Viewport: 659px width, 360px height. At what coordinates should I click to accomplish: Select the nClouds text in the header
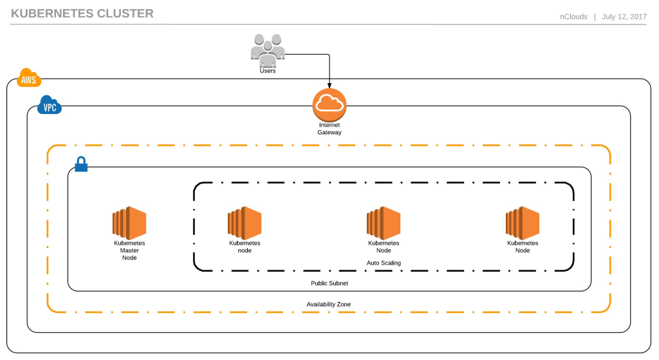click(573, 17)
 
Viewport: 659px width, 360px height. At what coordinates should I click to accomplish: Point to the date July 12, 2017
click(624, 17)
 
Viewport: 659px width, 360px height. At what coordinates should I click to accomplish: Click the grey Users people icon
click(267, 50)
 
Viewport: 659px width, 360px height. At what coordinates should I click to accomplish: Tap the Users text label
click(268, 71)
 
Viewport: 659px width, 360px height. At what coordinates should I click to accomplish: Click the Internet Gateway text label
click(329, 128)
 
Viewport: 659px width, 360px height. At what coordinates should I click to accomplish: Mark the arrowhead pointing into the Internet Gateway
click(329, 85)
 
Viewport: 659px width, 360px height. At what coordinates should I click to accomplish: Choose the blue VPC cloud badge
click(50, 106)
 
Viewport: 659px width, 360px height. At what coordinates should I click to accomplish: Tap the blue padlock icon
click(81, 166)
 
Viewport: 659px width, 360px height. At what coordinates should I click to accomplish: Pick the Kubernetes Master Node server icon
click(129, 222)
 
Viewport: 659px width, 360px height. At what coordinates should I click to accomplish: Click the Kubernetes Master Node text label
click(129, 250)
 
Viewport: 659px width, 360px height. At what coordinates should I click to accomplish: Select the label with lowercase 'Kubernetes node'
click(245, 247)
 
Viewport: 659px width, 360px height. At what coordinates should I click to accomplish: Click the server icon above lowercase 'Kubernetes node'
click(245, 222)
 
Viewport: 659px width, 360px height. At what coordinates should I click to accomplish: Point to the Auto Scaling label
click(384, 263)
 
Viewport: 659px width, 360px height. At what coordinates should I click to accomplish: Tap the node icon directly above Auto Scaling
click(384, 222)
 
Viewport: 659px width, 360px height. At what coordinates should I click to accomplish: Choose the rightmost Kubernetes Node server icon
click(523, 222)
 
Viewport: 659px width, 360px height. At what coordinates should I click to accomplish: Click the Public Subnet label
click(329, 283)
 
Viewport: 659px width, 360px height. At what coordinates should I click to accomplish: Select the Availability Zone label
click(329, 304)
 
